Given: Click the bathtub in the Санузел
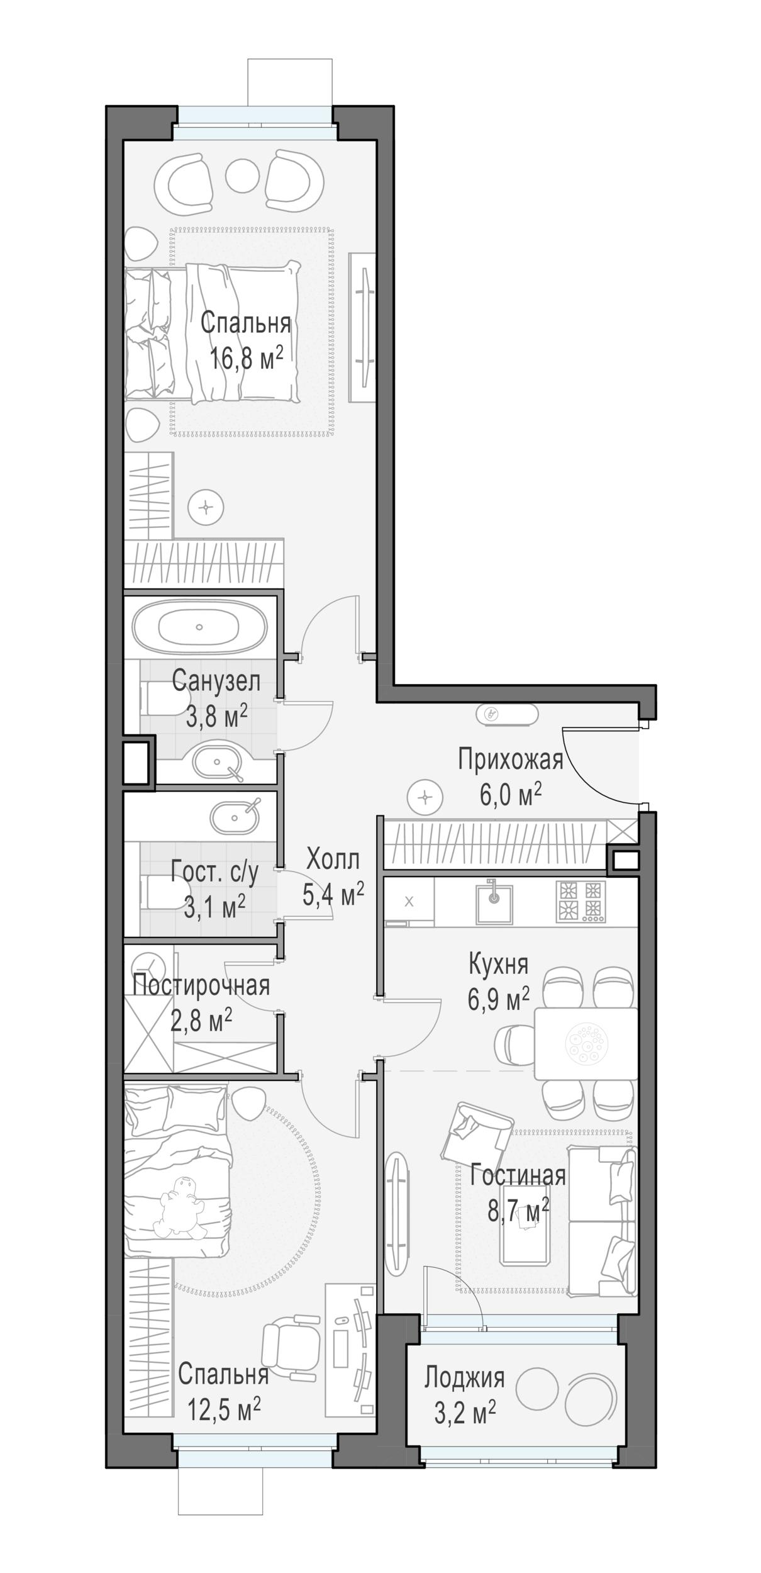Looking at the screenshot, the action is [199, 627].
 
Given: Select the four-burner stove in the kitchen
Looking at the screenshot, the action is [580, 901].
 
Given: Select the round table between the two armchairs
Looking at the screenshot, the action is [242, 176].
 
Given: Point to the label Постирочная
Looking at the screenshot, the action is [201, 985].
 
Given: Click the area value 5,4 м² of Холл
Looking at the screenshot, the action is [333, 893].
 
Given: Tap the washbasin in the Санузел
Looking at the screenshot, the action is [218, 763].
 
